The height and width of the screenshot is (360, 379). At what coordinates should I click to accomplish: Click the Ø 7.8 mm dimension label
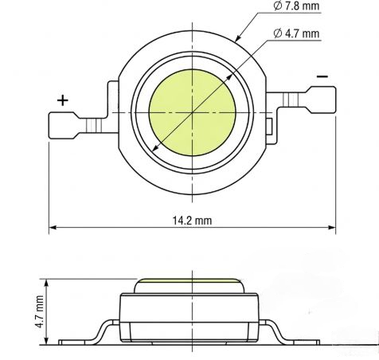point(296,6)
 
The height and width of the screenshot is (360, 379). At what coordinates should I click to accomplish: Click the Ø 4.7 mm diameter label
point(296,33)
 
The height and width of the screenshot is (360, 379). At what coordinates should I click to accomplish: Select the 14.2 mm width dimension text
point(193,221)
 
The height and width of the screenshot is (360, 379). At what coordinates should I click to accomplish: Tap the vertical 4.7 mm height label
point(40,311)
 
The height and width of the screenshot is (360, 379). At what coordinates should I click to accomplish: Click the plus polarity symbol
point(63,100)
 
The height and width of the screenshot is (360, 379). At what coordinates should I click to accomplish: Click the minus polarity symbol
point(322,76)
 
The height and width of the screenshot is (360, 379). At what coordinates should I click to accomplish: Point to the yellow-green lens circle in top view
point(192,112)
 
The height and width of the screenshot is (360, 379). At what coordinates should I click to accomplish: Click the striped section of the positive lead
point(94,126)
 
